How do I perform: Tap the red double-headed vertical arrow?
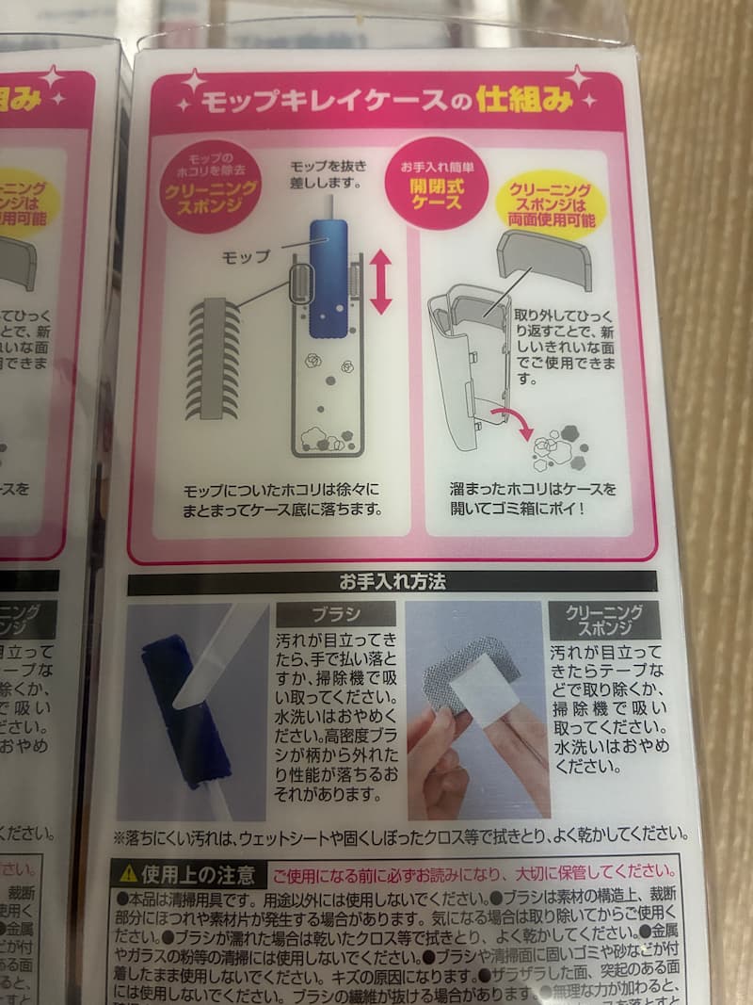380,281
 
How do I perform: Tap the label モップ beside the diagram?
245,255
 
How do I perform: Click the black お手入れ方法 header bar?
392,582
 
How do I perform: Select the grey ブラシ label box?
335,615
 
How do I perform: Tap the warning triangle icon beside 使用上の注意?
126,874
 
